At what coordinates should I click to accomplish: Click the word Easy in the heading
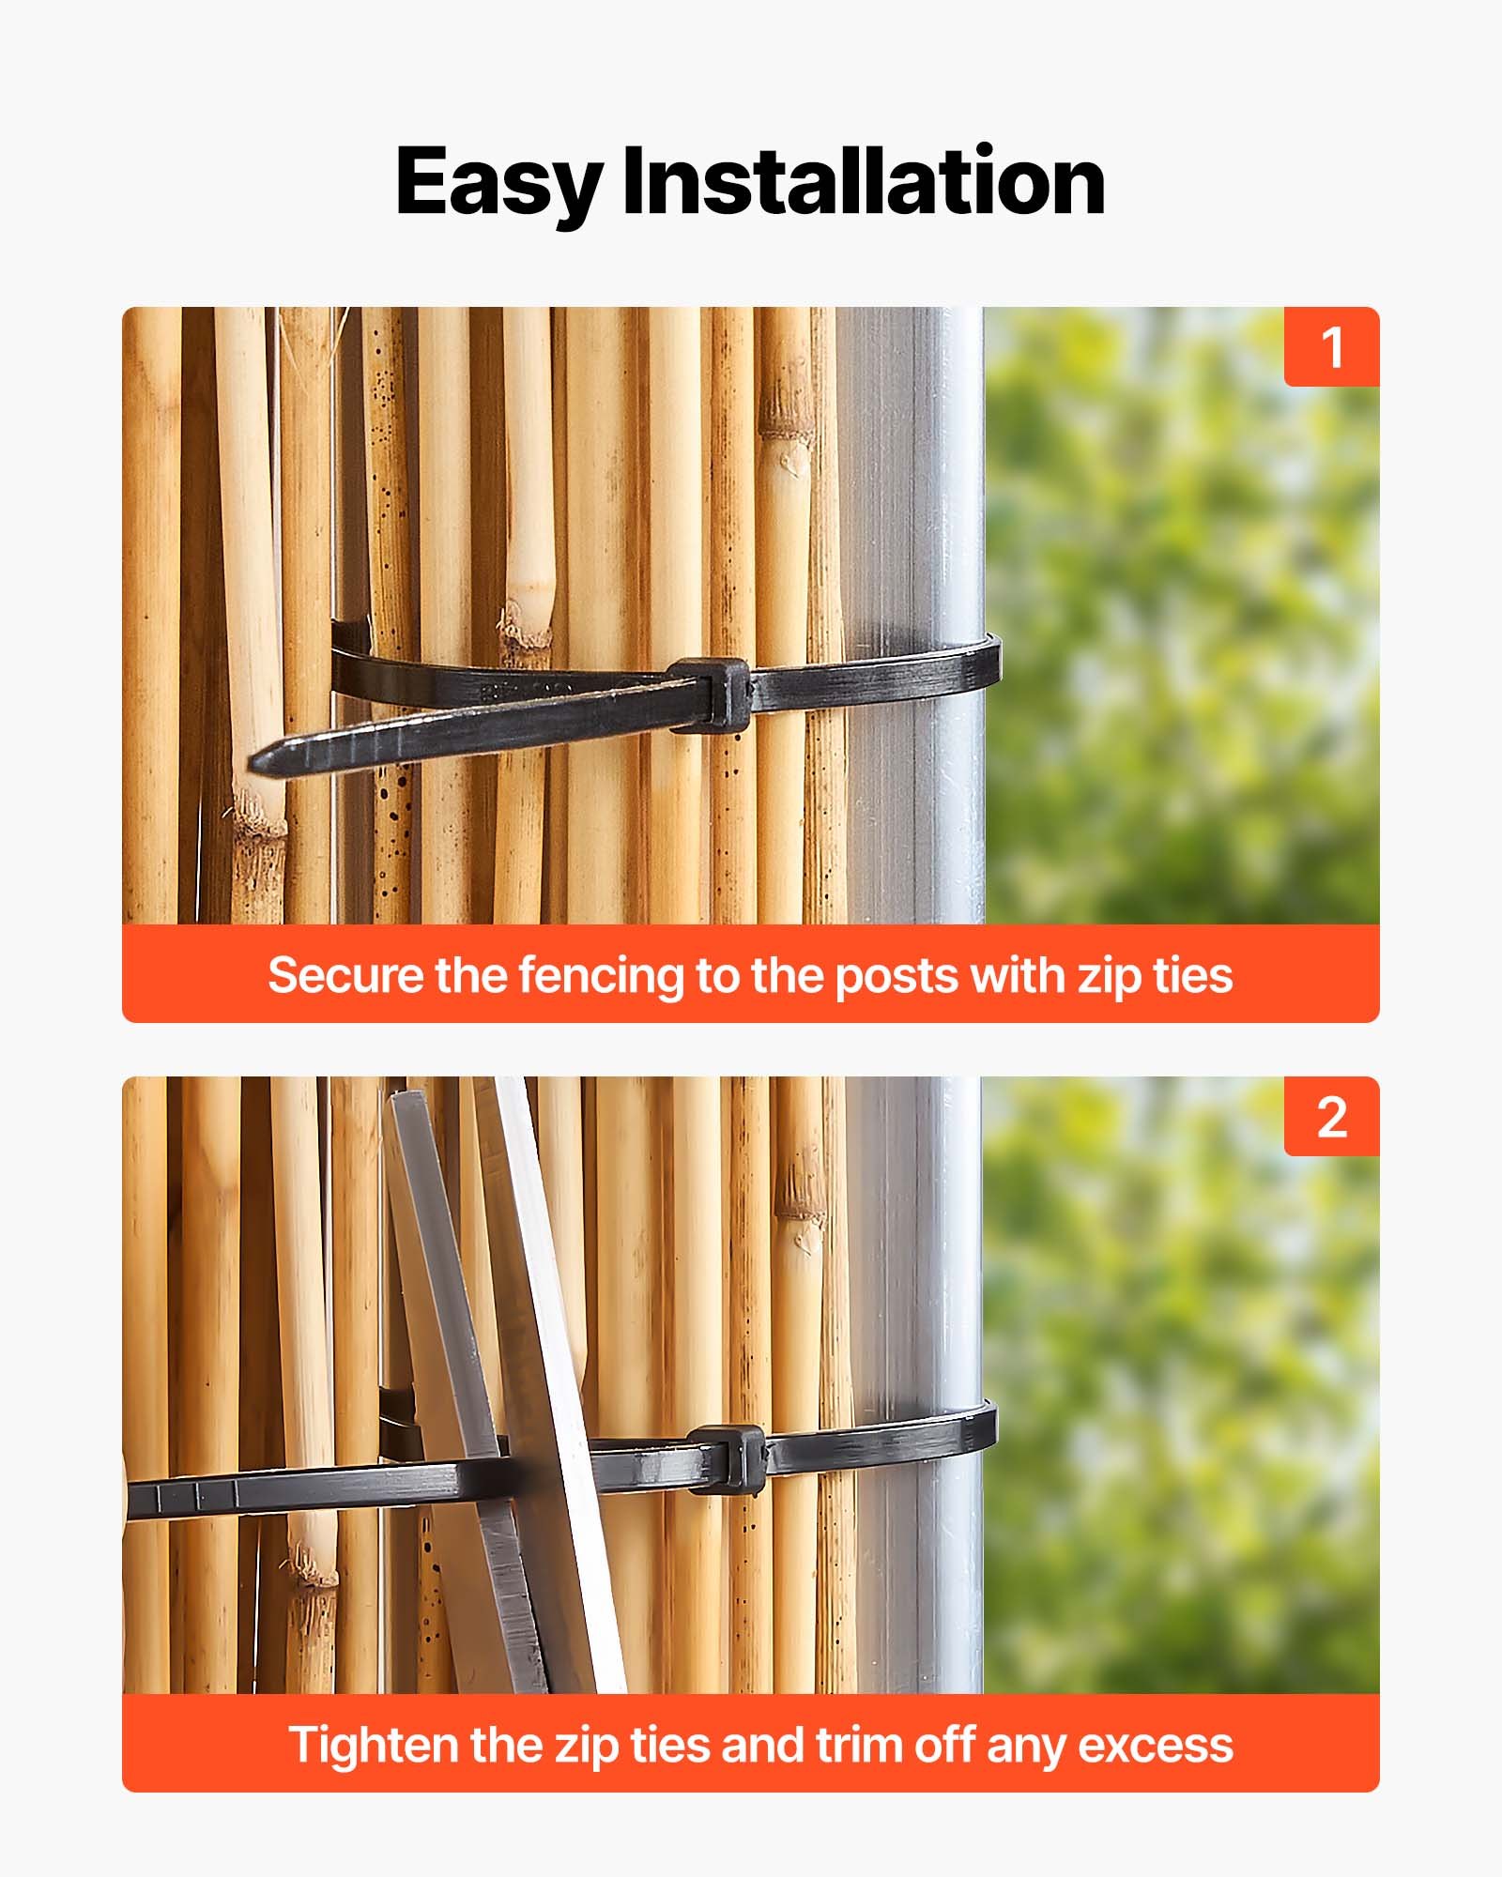[x=498, y=183]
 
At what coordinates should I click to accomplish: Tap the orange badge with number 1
[x=1331, y=347]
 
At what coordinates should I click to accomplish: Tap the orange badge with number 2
[x=1331, y=1117]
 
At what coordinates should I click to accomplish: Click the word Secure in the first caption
[x=345, y=975]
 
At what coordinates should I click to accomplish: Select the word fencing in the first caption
[x=602, y=975]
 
